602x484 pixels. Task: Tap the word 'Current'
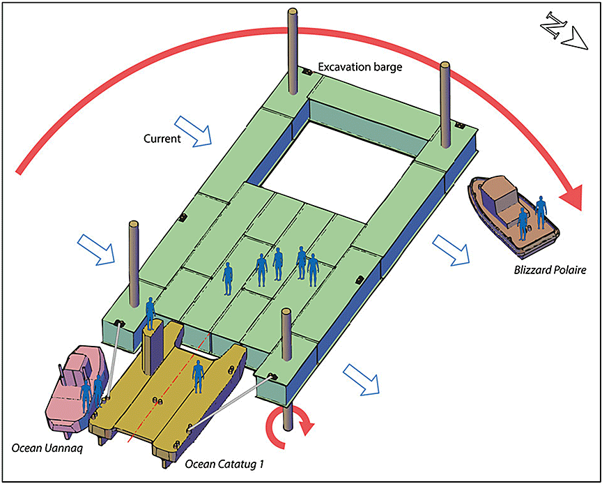tap(161, 139)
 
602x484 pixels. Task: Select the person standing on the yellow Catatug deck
tap(199, 376)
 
